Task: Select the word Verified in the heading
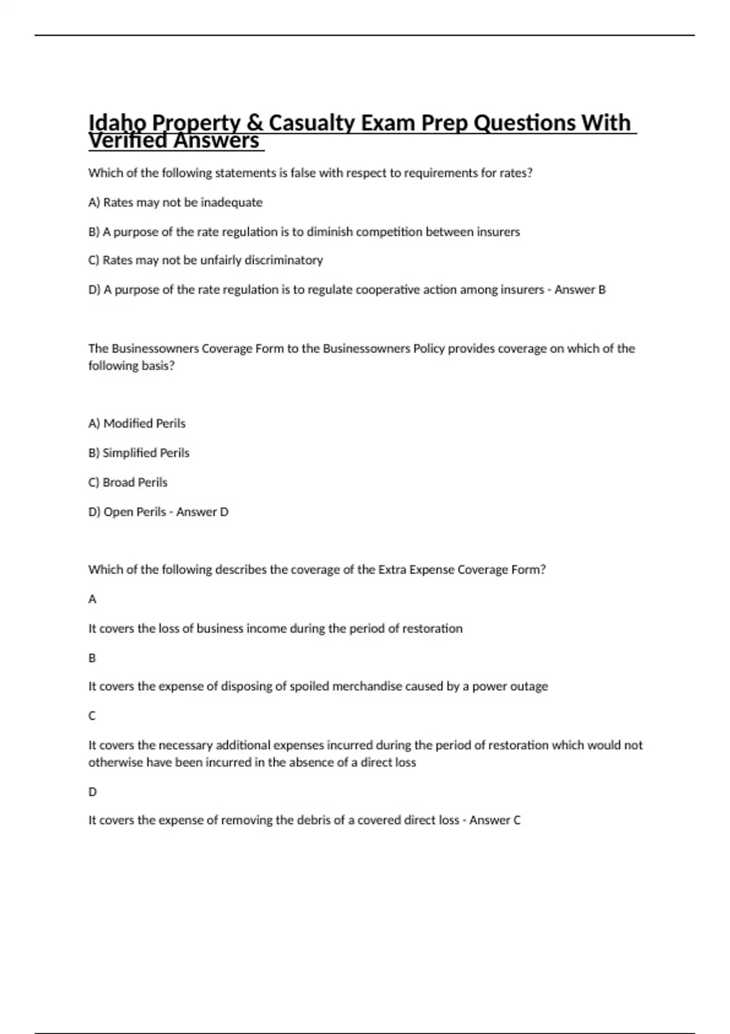pyautogui.click(x=127, y=141)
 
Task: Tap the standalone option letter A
pyautogui.click(x=92, y=600)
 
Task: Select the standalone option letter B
pyautogui.click(x=92, y=658)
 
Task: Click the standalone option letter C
pyautogui.click(x=92, y=716)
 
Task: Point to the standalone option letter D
pyautogui.click(x=92, y=792)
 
